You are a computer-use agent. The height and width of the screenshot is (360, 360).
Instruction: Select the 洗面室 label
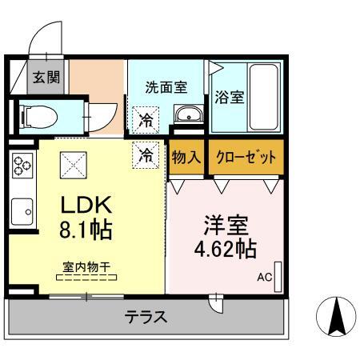pos(166,88)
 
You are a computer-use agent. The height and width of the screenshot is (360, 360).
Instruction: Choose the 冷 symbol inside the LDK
pos(146,154)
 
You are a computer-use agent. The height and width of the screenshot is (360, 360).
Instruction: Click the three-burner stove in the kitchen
pos(21,168)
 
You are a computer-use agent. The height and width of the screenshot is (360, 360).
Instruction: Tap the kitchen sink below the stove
pos(23,212)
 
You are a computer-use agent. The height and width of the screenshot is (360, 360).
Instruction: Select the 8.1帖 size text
pos(86,231)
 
